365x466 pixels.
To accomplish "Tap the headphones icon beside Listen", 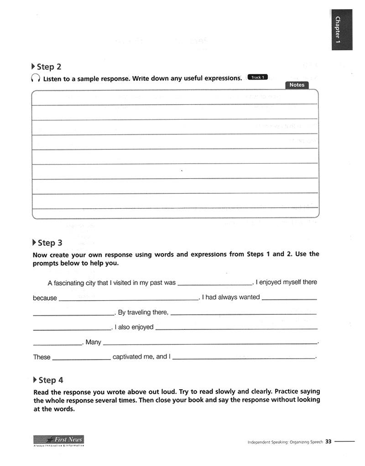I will (x=35, y=79).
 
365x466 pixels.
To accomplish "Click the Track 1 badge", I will (x=257, y=77).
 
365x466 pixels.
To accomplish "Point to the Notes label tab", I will (x=297, y=85).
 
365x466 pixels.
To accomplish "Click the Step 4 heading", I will (x=48, y=380).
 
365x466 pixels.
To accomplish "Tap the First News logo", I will (x=58, y=440).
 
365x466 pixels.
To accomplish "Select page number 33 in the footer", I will (x=328, y=442).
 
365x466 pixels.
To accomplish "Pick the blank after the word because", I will (x=129, y=298).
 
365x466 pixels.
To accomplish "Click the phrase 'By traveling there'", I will (x=143, y=312).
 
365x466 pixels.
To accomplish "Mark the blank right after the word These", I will (x=81, y=358).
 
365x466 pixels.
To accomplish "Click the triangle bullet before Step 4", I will (x=35, y=380).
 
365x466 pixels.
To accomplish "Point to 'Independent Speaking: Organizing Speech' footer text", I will (x=285, y=442).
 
